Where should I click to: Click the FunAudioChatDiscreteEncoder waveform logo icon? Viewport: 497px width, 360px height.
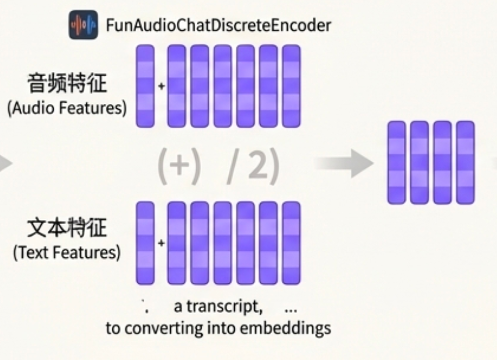tap(83, 25)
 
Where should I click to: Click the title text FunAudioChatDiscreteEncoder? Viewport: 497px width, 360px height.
tap(218, 25)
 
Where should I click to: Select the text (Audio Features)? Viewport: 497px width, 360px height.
tap(67, 108)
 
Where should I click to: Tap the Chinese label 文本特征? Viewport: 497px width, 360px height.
tap(67, 228)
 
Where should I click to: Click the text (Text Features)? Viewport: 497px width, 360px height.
tap(67, 252)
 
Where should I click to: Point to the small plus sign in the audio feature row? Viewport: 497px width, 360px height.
tap(161, 86)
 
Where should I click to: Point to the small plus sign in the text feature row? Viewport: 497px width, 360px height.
tap(161, 243)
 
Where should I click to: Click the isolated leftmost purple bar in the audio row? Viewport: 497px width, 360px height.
tap(145, 86)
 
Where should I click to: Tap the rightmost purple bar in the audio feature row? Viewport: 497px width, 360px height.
tap(291, 86)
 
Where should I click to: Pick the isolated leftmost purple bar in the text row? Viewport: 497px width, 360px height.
tap(145, 243)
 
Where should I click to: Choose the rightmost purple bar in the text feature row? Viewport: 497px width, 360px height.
tap(291, 243)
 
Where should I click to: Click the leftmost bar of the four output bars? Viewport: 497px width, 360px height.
tap(396, 162)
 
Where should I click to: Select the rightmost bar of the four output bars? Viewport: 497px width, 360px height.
tap(465, 162)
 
